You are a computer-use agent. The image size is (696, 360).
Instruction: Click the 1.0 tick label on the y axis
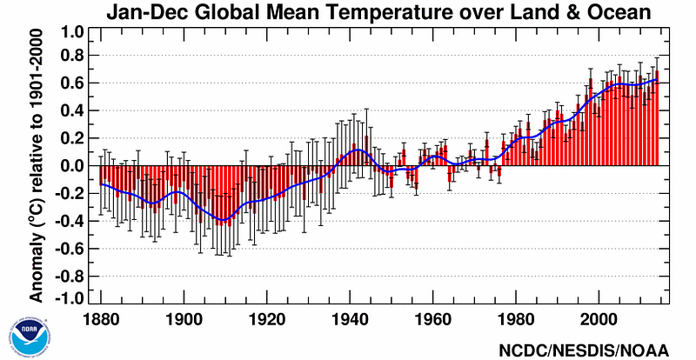click(72, 32)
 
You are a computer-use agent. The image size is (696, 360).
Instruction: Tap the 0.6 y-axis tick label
click(72, 83)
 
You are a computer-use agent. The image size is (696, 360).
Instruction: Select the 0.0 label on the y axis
click(72, 165)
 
